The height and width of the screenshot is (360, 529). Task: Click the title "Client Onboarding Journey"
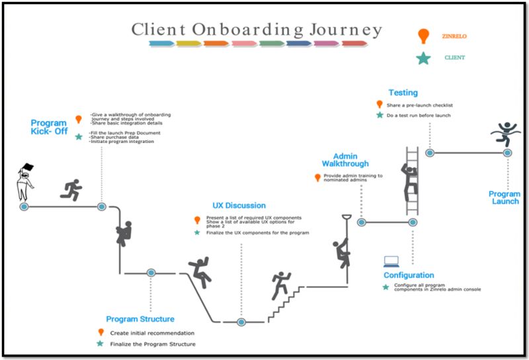click(257, 30)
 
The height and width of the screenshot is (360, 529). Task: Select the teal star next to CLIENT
click(423, 58)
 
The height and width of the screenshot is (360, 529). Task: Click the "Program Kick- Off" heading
click(49, 127)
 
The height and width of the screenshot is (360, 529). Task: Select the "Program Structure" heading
click(140, 319)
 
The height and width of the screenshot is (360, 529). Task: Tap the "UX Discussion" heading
click(239, 206)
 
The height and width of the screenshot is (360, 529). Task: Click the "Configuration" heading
click(409, 275)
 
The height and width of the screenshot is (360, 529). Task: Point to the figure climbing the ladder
click(409, 182)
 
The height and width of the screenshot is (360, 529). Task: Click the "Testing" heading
click(403, 93)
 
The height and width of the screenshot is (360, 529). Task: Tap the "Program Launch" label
click(505, 198)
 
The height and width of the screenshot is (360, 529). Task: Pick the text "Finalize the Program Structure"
click(154, 344)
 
